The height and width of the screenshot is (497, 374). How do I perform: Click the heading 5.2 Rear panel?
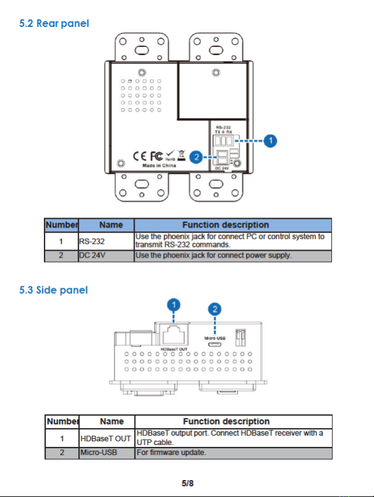pos(54,24)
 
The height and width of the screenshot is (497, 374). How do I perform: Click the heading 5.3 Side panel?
pos(53,290)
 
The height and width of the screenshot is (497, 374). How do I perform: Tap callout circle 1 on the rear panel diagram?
pos(271,141)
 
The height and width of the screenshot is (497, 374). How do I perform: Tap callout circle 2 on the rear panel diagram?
pos(196,157)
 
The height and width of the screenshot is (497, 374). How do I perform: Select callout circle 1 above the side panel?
pos(174,305)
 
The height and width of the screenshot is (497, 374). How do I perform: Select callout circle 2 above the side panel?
pos(215,309)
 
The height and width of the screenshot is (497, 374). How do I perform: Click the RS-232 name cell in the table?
pos(106,241)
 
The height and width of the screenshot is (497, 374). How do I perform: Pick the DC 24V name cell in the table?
pos(106,256)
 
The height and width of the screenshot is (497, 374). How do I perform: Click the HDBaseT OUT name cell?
pos(106,438)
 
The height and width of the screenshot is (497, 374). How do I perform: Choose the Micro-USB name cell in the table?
pos(106,453)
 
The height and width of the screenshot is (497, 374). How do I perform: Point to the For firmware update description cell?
pos(234,453)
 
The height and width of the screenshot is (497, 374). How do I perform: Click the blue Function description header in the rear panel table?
pos(233,225)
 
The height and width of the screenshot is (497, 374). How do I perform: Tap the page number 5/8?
pos(187,483)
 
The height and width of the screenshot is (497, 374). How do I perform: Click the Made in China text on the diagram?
pos(159,166)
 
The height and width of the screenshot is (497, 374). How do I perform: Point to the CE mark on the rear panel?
pos(140,156)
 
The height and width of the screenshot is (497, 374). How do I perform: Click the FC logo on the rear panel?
pos(157,156)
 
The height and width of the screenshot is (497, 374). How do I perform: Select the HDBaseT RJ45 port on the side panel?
pos(174,335)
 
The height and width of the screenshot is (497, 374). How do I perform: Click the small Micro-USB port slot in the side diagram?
pos(214,344)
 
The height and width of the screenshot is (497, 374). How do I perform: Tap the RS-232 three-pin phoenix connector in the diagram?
pos(224,140)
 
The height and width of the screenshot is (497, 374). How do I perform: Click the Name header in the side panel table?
pos(112,421)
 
